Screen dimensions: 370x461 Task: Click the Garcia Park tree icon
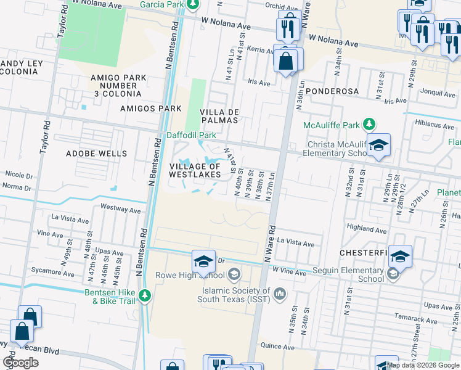coord(193,4)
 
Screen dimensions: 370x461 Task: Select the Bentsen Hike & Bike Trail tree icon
coord(144,296)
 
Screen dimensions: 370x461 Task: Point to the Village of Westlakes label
coord(195,170)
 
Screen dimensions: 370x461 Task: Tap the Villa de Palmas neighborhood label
coord(219,116)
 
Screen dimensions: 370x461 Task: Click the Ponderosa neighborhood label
coord(332,91)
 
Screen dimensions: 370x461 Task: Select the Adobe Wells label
coord(96,153)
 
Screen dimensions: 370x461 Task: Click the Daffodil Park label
coord(191,135)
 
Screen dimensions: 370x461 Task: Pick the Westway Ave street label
coord(120,209)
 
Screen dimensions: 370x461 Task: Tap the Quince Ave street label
coord(274,346)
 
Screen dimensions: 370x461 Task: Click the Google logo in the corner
coord(20,363)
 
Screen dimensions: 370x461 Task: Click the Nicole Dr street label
coord(18,175)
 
